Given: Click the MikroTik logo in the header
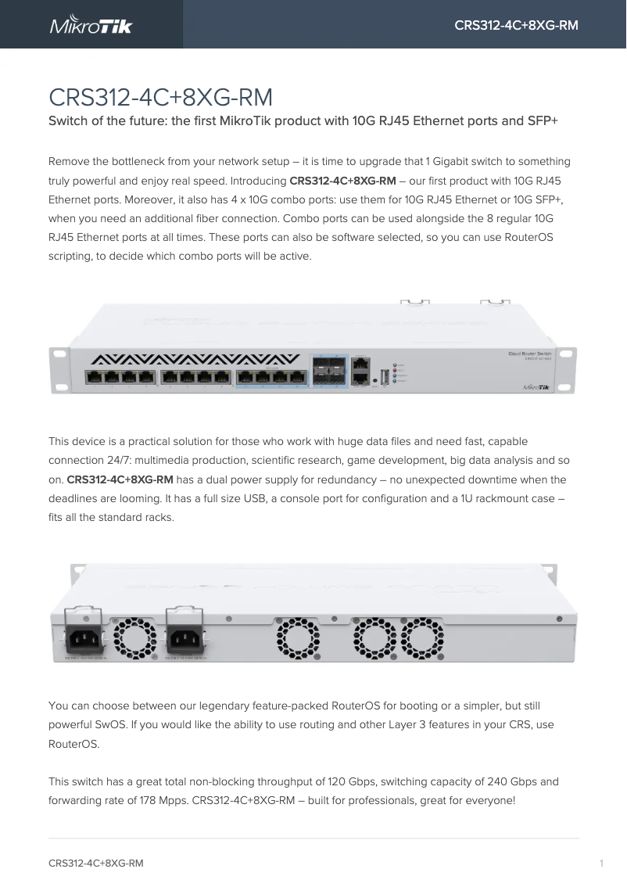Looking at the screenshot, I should pos(91,25).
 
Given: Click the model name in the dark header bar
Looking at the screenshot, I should pos(516,26).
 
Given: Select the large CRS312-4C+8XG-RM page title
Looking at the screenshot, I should pos(160,98).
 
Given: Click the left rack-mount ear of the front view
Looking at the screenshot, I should pos(59,372).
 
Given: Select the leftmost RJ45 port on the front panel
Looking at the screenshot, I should pos(94,378).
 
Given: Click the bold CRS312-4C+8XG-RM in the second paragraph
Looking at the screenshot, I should pos(120,479).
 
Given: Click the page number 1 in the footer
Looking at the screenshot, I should pos(601,864).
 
